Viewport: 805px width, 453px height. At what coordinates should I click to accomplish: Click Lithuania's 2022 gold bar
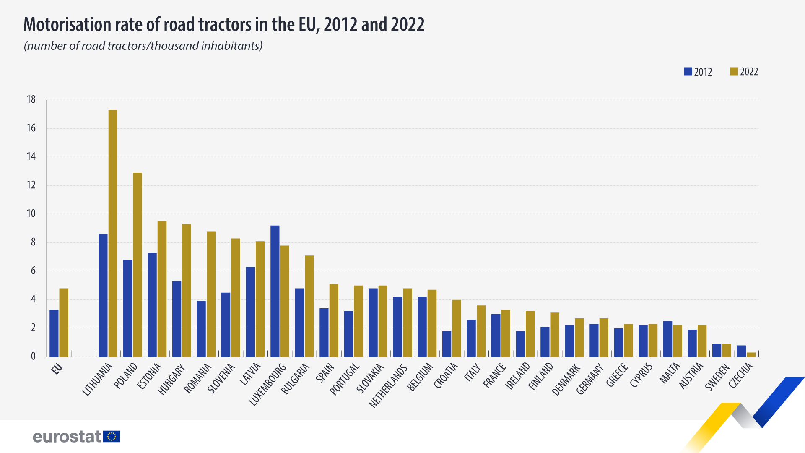(113, 233)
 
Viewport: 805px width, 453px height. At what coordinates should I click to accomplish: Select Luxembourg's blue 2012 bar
(275, 291)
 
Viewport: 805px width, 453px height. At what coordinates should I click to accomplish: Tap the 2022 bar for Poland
(138, 265)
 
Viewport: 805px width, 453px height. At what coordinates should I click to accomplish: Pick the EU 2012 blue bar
(54, 333)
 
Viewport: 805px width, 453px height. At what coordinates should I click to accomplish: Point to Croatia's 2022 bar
(457, 328)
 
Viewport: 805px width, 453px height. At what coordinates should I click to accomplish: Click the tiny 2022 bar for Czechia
(751, 354)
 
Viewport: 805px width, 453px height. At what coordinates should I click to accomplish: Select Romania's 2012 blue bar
(201, 329)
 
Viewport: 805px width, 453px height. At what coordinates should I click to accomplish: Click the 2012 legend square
(688, 71)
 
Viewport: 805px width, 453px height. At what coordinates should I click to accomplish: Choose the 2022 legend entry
(744, 72)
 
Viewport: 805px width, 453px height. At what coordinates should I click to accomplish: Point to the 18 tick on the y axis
(31, 99)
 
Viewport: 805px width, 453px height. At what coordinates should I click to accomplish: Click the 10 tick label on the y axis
(31, 213)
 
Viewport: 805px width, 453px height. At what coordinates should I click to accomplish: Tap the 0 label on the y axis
(33, 356)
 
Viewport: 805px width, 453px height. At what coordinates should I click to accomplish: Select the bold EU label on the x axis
(57, 369)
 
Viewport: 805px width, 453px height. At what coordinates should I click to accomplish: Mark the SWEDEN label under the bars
(717, 377)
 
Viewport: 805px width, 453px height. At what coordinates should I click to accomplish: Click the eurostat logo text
(67, 437)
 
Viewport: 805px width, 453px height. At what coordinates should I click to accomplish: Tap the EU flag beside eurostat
(112, 437)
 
